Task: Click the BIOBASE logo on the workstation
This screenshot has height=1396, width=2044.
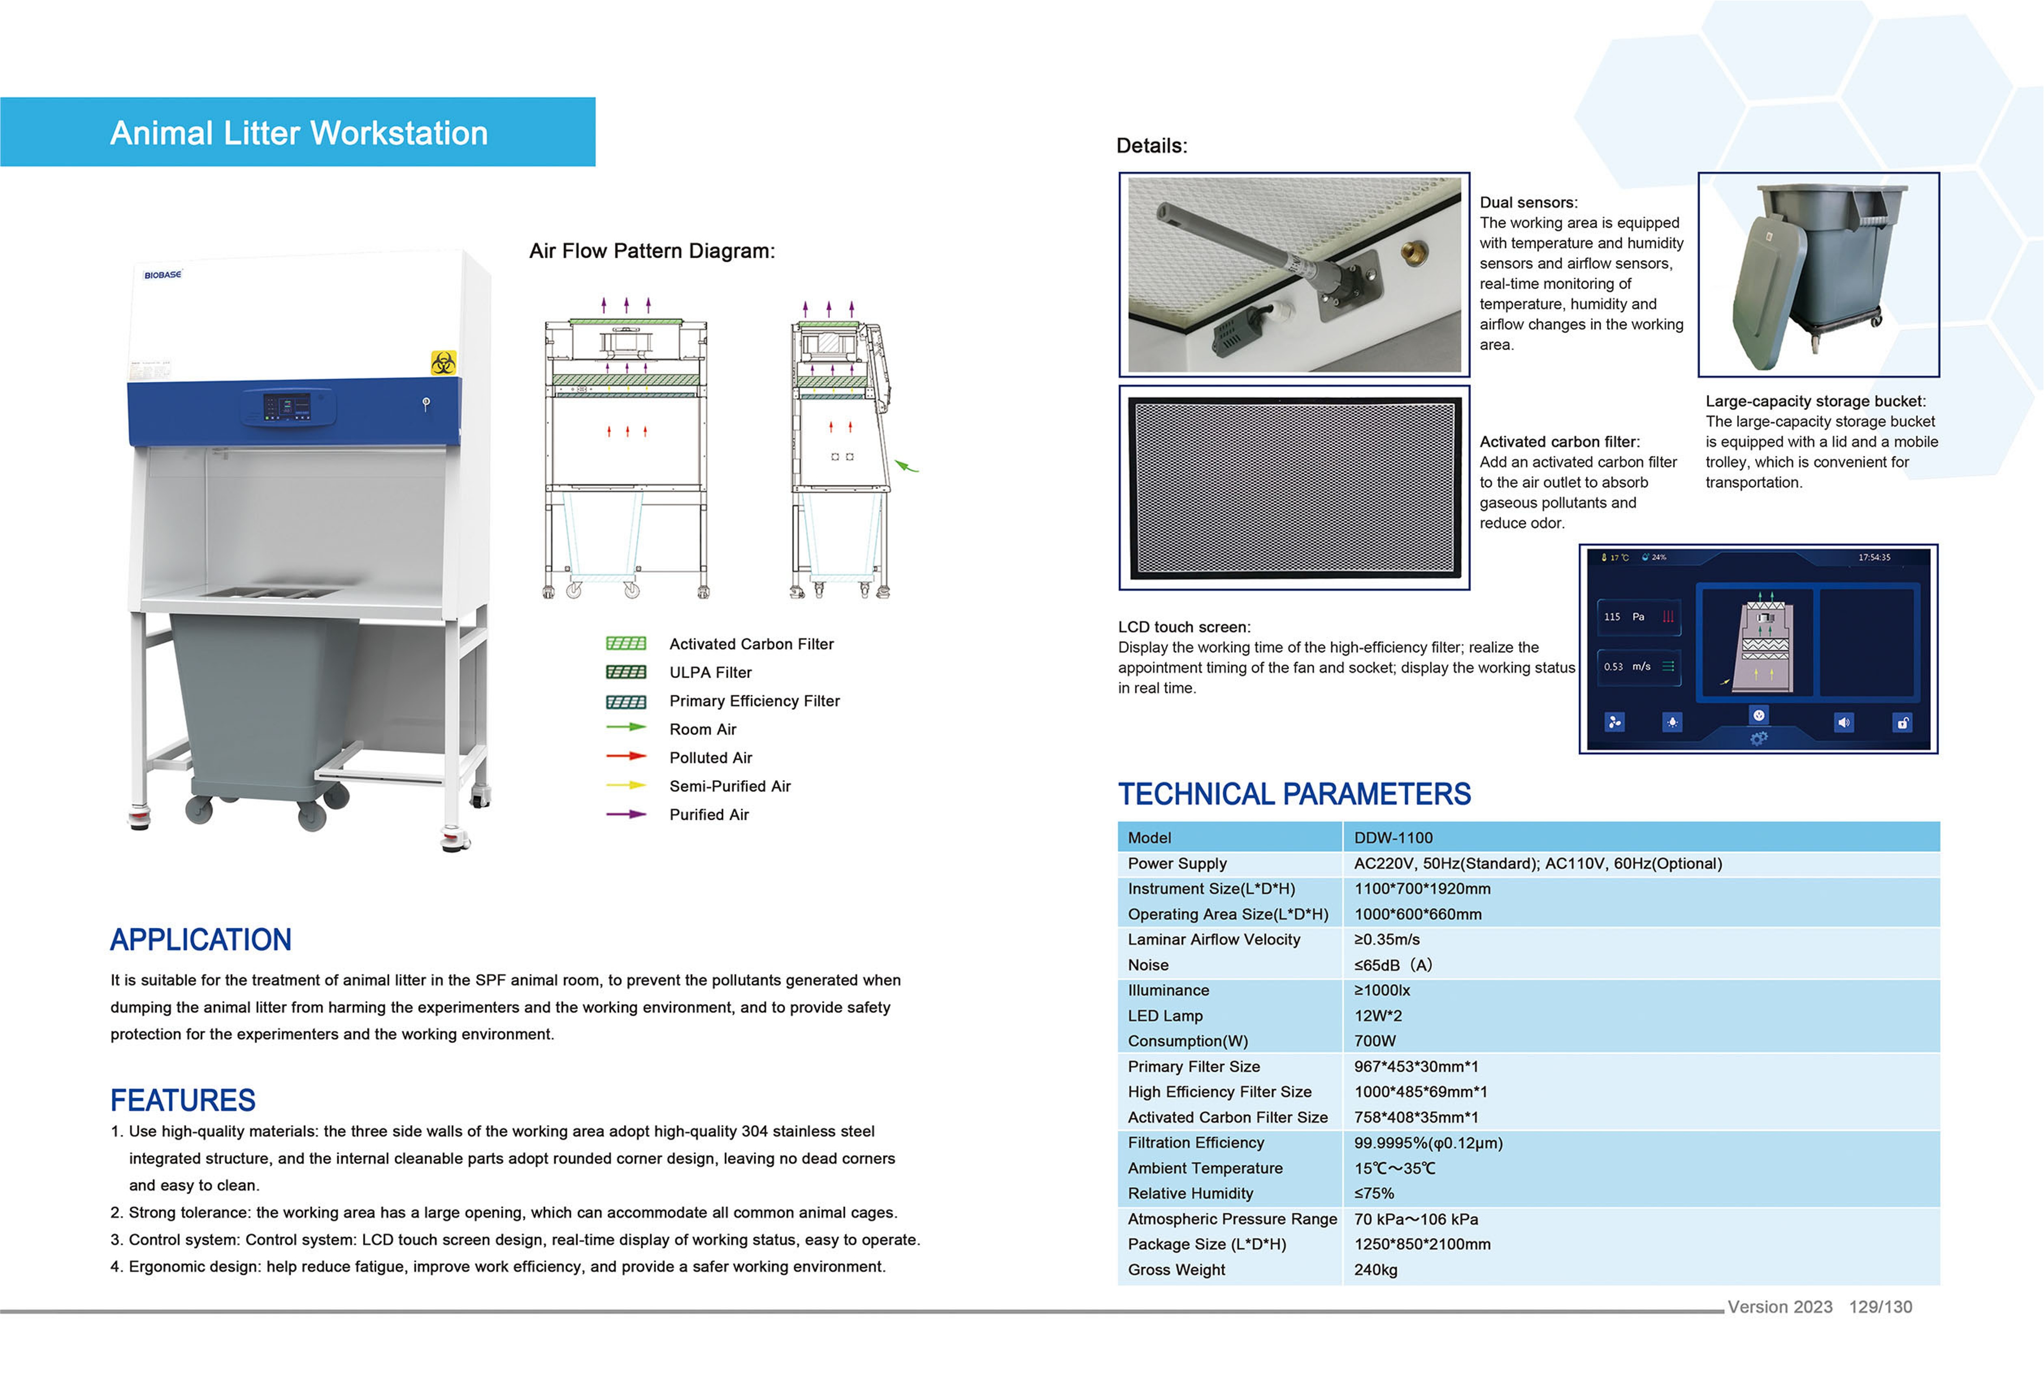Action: coord(163,275)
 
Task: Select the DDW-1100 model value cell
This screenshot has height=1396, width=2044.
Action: coord(1393,838)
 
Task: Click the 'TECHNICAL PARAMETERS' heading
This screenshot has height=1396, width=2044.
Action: coord(1294,795)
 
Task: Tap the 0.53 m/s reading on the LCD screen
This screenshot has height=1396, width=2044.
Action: coord(1626,666)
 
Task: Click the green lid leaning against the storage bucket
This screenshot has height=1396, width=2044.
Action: coord(1768,293)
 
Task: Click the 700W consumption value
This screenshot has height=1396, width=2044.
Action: coord(1375,1041)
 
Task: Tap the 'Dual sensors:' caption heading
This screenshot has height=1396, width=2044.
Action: coord(1529,202)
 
